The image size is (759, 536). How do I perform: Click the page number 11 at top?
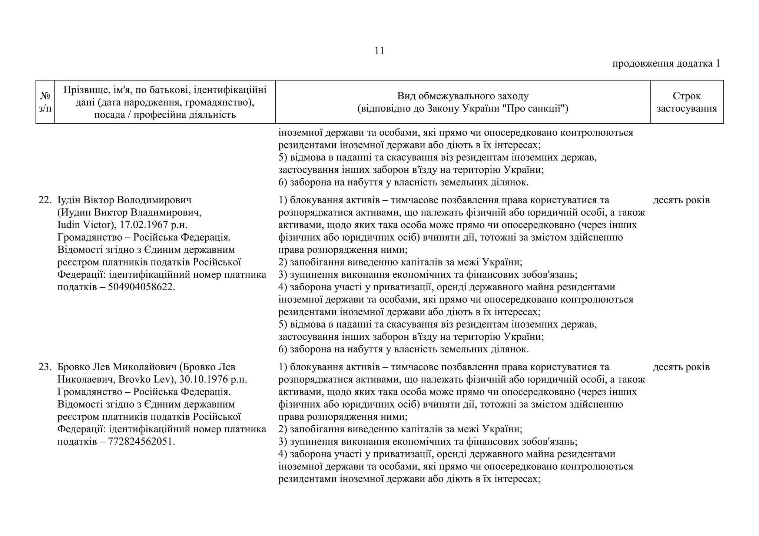[379, 51]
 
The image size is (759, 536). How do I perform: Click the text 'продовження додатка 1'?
[666, 64]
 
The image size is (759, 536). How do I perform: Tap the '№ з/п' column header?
[45, 102]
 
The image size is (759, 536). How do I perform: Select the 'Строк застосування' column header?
[686, 102]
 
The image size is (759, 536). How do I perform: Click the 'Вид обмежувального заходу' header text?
[463, 96]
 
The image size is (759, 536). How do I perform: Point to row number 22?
[44, 200]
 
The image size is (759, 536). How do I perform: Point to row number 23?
[44, 367]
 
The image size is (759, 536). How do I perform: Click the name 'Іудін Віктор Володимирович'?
[124, 200]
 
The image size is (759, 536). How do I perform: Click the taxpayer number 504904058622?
[140, 287]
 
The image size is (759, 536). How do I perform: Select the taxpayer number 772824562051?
[140, 442]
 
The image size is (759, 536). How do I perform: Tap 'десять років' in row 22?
[681, 200]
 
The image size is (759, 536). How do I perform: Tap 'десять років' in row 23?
[681, 367]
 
